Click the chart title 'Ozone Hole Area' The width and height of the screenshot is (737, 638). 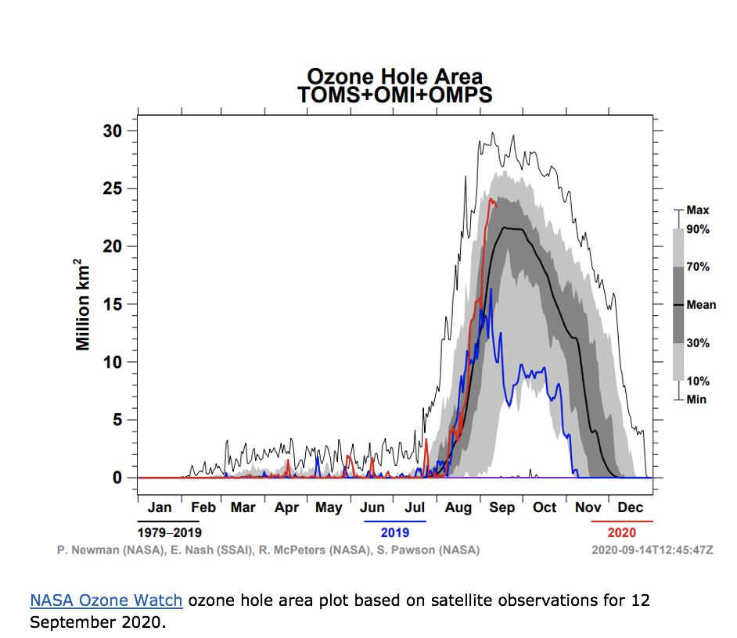pos(394,77)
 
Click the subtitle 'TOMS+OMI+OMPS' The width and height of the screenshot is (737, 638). pos(394,95)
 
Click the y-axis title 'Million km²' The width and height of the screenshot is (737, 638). pos(83,305)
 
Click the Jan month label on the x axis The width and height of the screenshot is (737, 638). pos(160,507)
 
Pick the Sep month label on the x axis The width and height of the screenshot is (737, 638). pos(502,507)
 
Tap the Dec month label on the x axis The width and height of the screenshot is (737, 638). pos(631,507)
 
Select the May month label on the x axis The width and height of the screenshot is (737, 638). pos(329,507)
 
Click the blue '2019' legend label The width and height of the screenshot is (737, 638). pos(394,532)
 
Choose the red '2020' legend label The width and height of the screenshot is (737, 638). pos(621,532)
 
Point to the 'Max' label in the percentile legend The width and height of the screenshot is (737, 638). pos(697,210)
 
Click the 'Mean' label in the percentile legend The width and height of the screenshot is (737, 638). pos(700,305)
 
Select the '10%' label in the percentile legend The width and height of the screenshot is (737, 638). pos(698,382)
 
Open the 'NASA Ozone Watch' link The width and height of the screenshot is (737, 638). pos(106,600)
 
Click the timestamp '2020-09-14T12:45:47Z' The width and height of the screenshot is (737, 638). pos(653,550)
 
